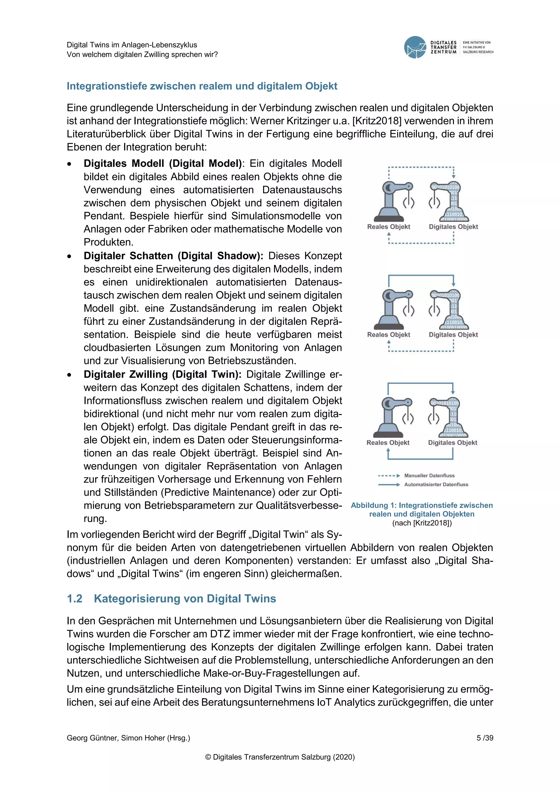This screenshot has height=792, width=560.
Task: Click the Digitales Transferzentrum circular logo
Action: (415, 47)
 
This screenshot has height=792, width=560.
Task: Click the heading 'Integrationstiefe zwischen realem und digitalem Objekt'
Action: (202, 86)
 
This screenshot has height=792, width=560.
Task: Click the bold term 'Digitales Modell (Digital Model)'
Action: (163, 164)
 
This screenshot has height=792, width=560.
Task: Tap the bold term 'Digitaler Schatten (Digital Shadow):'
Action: (173, 256)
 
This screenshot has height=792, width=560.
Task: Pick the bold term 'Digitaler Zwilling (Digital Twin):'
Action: (162, 375)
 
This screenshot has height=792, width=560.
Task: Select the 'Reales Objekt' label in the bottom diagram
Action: (388, 442)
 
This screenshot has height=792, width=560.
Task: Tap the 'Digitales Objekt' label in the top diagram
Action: (453, 227)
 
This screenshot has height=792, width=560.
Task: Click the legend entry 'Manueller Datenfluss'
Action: (429, 476)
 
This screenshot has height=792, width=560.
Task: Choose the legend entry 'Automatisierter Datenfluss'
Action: (436, 485)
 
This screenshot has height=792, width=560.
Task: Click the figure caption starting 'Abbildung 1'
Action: (422, 509)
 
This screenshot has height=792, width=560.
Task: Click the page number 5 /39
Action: (485, 738)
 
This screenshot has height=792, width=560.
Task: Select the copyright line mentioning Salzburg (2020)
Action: (280, 757)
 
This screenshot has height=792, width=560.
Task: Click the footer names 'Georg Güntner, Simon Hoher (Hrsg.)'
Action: (128, 738)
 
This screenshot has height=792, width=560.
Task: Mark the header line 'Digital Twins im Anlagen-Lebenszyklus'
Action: (132, 45)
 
